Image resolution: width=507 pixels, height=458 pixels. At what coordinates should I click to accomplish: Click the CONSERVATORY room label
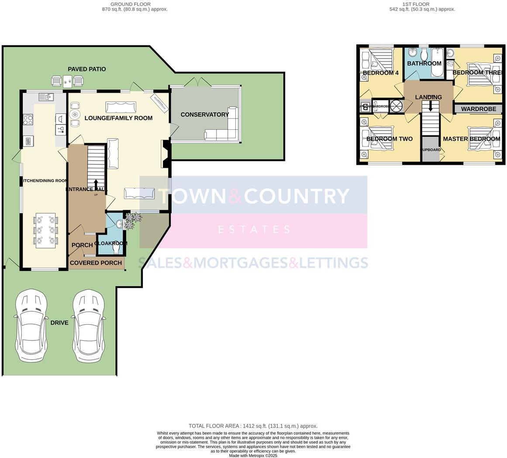[x=204, y=114]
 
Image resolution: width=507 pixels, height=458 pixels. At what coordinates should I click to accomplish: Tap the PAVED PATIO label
[x=86, y=69]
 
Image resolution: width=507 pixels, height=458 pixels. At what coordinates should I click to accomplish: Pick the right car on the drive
[x=89, y=325]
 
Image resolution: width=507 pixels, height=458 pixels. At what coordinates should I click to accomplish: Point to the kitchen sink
[x=45, y=97]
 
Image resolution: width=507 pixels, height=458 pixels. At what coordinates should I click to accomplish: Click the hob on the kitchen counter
[x=28, y=119]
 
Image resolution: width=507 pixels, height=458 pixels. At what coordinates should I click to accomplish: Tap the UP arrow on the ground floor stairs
[x=96, y=184]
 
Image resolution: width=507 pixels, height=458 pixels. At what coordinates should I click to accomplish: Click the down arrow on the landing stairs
[x=431, y=106]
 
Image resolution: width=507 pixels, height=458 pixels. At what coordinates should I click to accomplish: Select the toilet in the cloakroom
[x=116, y=249]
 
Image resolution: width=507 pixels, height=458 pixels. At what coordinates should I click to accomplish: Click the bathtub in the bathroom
[x=437, y=62]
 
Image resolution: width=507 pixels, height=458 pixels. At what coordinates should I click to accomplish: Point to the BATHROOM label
[x=424, y=63]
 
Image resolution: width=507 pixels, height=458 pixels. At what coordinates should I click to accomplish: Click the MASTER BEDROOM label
[x=471, y=139]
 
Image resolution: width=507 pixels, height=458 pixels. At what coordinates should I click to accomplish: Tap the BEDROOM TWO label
[x=389, y=139]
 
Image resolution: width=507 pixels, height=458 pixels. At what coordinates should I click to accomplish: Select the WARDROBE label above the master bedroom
[x=479, y=109]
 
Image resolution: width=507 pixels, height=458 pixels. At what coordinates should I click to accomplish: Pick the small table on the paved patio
[x=67, y=80]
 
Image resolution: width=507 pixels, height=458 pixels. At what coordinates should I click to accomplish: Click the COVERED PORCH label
[x=96, y=263]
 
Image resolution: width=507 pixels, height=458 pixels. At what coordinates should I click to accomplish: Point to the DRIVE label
[x=59, y=323]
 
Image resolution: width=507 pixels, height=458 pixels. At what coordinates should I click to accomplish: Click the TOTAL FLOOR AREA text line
[x=253, y=426]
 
